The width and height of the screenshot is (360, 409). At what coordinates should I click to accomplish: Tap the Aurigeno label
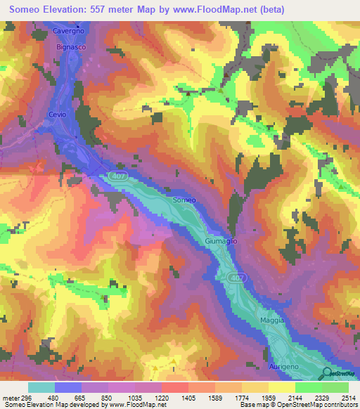(x=284, y=367)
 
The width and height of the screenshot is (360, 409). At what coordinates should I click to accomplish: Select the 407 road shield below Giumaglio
(x=237, y=279)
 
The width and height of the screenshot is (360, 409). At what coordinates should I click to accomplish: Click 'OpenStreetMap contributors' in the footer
(x=318, y=405)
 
